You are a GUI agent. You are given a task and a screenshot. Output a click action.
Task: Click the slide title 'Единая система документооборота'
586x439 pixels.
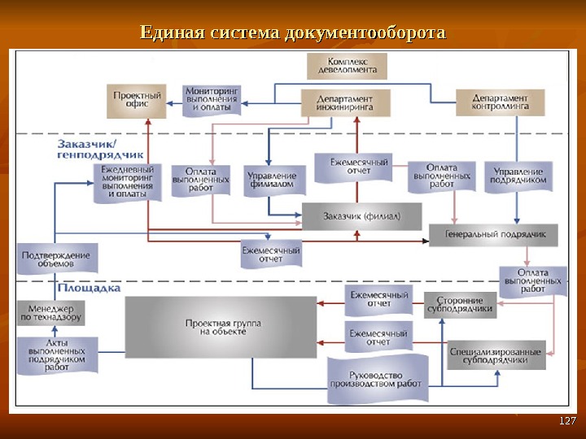(293, 33)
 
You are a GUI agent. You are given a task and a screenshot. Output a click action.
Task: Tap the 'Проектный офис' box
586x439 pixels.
(137, 101)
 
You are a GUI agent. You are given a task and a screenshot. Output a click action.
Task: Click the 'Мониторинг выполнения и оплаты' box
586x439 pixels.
(212, 99)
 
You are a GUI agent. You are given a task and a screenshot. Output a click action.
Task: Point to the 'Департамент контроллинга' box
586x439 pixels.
(499, 102)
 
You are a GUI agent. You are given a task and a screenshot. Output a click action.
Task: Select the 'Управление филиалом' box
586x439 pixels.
(274, 180)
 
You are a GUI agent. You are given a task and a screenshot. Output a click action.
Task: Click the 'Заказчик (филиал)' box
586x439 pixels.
(362, 216)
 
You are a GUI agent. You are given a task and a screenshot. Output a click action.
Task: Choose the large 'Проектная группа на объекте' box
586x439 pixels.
(221, 327)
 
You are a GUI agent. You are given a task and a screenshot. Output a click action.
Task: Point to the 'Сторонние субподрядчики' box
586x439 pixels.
(460, 304)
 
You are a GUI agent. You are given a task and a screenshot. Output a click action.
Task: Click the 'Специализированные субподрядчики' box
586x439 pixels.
(495, 355)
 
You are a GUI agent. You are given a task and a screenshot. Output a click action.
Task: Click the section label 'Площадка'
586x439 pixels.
(90, 288)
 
